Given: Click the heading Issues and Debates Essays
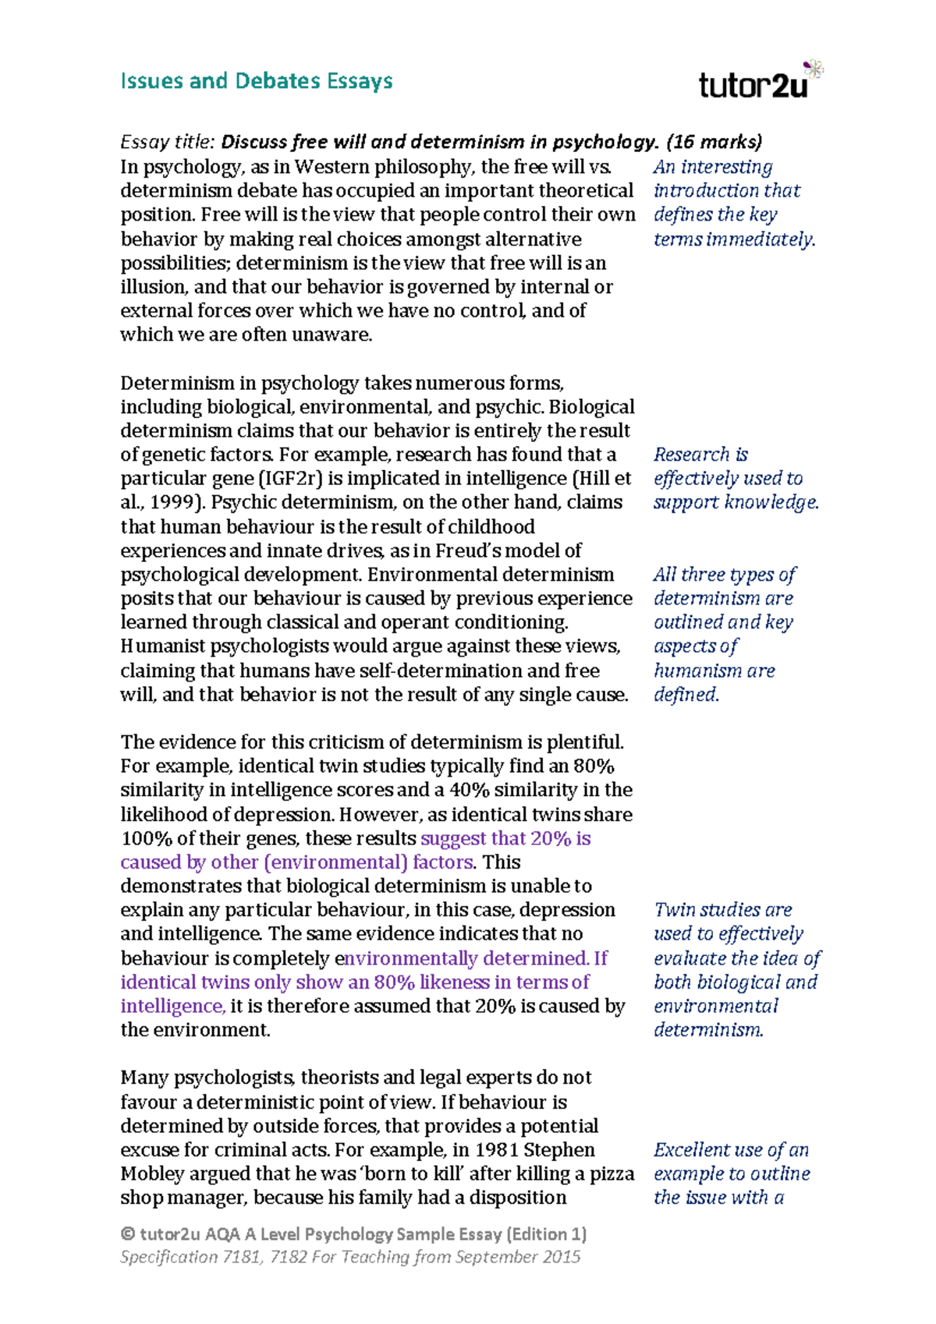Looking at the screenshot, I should point(256,81).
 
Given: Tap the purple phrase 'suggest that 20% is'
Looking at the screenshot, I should point(505,839).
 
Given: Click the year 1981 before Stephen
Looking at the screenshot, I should point(497,1150).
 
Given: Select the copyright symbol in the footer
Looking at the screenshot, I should point(128,1234).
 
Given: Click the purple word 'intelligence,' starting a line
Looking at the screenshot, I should point(172,1007).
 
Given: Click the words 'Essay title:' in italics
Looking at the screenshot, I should point(166,142).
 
